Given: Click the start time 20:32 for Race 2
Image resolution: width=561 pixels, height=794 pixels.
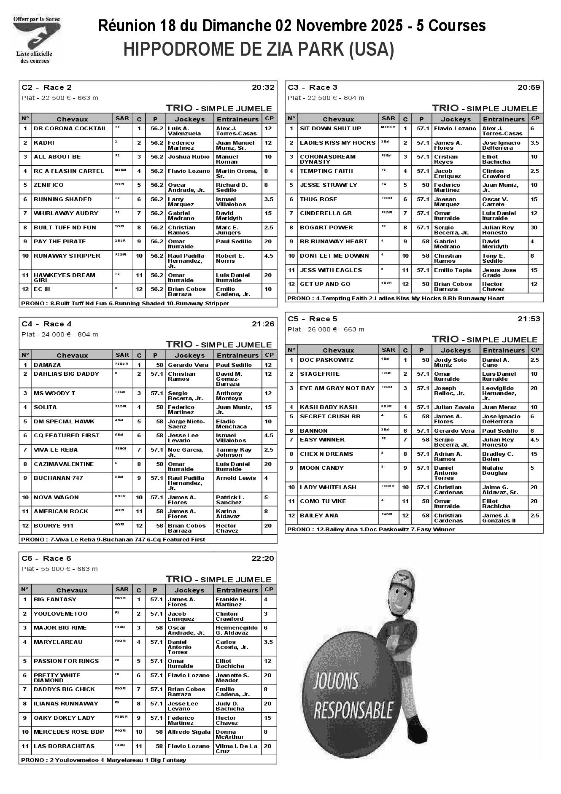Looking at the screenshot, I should tap(263, 88).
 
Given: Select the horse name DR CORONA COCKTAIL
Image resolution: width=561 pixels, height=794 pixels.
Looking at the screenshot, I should tap(70, 129).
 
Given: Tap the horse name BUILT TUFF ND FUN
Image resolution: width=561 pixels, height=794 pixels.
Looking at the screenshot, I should tap(65, 228).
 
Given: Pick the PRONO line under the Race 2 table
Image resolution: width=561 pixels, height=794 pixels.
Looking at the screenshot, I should tap(125, 304).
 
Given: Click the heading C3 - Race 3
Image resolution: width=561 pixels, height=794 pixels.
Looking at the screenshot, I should tap(313, 88).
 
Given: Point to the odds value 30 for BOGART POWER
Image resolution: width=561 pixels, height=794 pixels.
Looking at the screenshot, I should tap(534, 228).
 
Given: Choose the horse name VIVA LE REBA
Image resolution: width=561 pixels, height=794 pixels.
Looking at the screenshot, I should tap(56, 450).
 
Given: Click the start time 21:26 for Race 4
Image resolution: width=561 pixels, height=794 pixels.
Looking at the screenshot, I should tap(263, 324).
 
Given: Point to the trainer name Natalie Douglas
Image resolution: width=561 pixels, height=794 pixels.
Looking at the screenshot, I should tap(495, 471).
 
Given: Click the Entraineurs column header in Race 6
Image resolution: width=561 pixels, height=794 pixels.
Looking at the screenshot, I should tap(237, 590).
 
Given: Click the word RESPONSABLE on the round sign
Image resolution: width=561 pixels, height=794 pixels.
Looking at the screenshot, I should tap(353, 710).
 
